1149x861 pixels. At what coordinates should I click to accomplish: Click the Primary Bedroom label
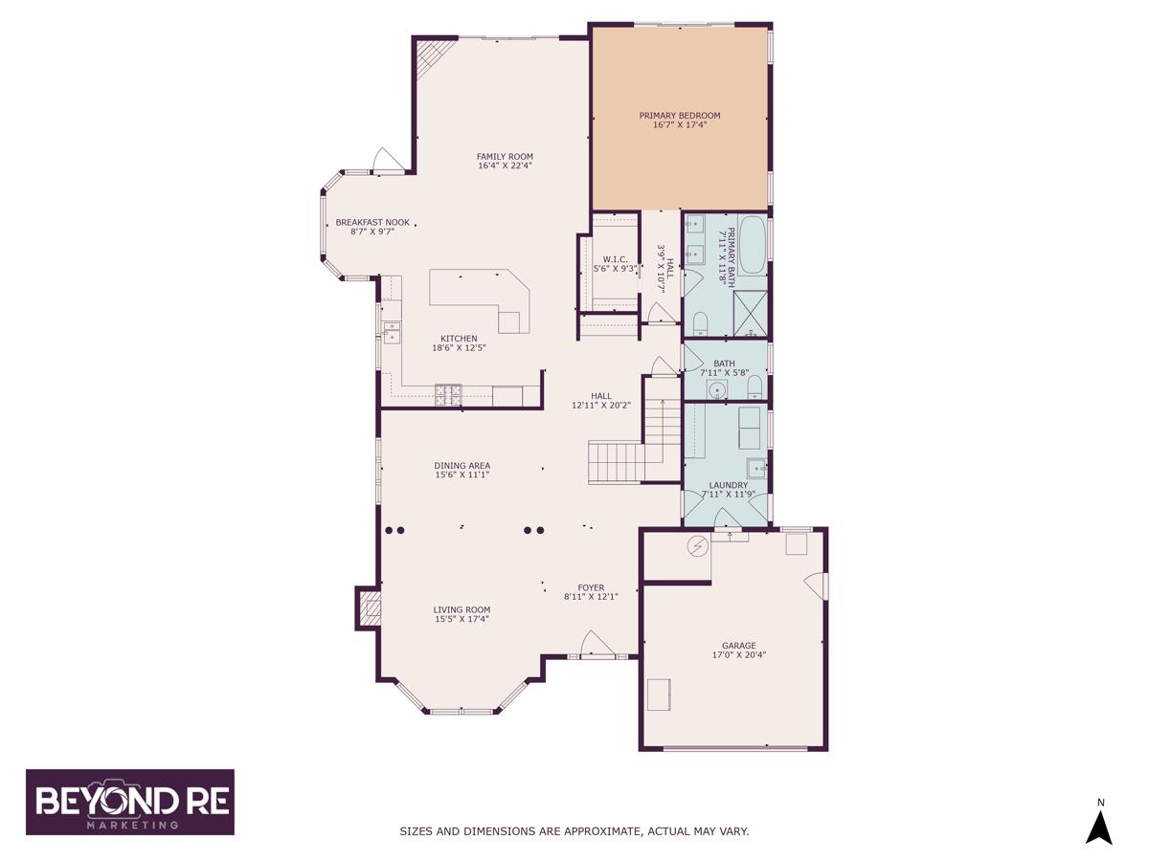(680, 116)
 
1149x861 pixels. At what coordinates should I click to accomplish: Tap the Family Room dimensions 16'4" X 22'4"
(506, 166)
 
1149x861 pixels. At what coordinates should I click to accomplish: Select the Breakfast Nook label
(372, 222)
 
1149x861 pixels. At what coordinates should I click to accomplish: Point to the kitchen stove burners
(449, 395)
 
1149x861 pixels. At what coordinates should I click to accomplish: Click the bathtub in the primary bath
(753, 245)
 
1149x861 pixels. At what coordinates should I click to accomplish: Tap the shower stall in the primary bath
(750, 314)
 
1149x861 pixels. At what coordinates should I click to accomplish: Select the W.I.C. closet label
(615, 259)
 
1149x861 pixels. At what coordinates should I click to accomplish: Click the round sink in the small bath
(716, 389)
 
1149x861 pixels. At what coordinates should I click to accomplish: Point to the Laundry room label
(728, 485)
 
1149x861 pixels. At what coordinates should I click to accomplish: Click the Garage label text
(739, 646)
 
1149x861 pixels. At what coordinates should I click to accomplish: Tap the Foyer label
(591, 587)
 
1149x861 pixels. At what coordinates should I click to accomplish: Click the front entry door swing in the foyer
(597, 643)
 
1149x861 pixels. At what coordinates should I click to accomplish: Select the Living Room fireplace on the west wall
(368, 608)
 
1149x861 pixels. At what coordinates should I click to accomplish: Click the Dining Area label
(462, 466)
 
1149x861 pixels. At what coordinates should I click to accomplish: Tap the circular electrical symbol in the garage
(698, 546)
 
